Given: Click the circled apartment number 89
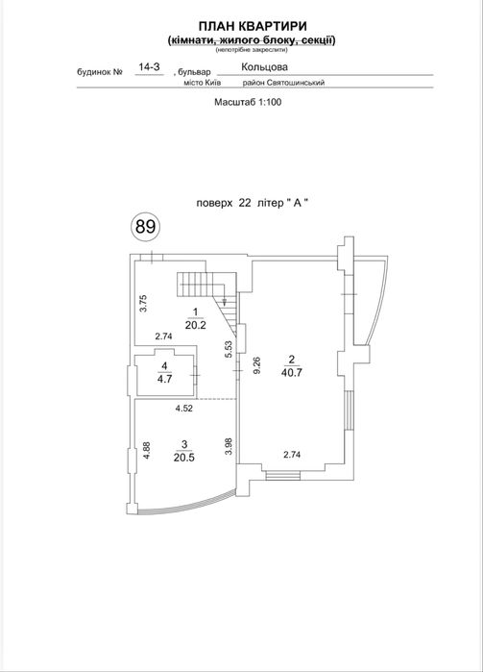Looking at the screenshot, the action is pyautogui.click(x=145, y=226).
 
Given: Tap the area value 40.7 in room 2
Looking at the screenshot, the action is pyautogui.click(x=292, y=372).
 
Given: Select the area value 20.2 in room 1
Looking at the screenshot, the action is pyautogui.click(x=196, y=325).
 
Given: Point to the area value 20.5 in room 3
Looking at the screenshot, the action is pyautogui.click(x=184, y=458).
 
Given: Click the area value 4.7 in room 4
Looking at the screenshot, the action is pyautogui.click(x=165, y=379).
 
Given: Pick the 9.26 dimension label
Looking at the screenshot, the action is pyautogui.click(x=257, y=365).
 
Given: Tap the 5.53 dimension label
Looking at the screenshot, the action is pyautogui.click(x=229, y=349).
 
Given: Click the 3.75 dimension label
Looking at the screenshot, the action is pyautogui.click(x=144, y=303).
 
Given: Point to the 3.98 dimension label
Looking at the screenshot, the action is pyautogui.click(x=229, y=446).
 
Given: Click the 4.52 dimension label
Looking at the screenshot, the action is pyautogui.click(x=184, y=409).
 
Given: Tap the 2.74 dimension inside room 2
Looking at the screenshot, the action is pyautogui.click(x=292, y=455).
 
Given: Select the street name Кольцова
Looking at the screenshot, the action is pyautogui.click(x=264, y=67).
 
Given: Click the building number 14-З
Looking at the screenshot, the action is pyautogui.click(x=149, y=67).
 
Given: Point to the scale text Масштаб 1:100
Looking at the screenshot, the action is pyautogui.click(x=248, y=102).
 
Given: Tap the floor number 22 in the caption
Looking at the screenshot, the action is pyautogui.click(x=245, y=203).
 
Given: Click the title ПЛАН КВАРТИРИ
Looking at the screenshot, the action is pyautogui.click(x=253, y=26).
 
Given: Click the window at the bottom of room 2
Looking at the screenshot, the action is pyautogui.click(x=282, y=475).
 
